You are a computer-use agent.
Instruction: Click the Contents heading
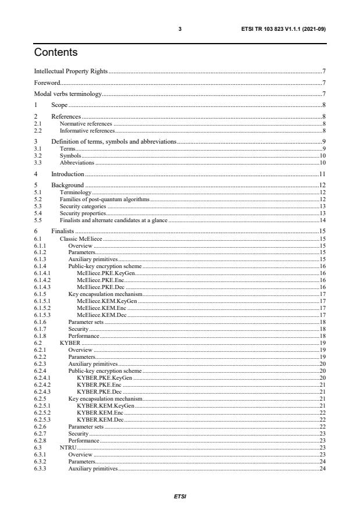[x=56, y=52]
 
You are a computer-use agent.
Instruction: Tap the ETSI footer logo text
[x=180, y=497]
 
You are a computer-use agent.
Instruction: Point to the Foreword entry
[x=47, y=83]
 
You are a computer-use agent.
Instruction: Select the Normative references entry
[x=85, y=124]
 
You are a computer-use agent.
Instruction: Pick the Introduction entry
[x=68, y=174]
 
